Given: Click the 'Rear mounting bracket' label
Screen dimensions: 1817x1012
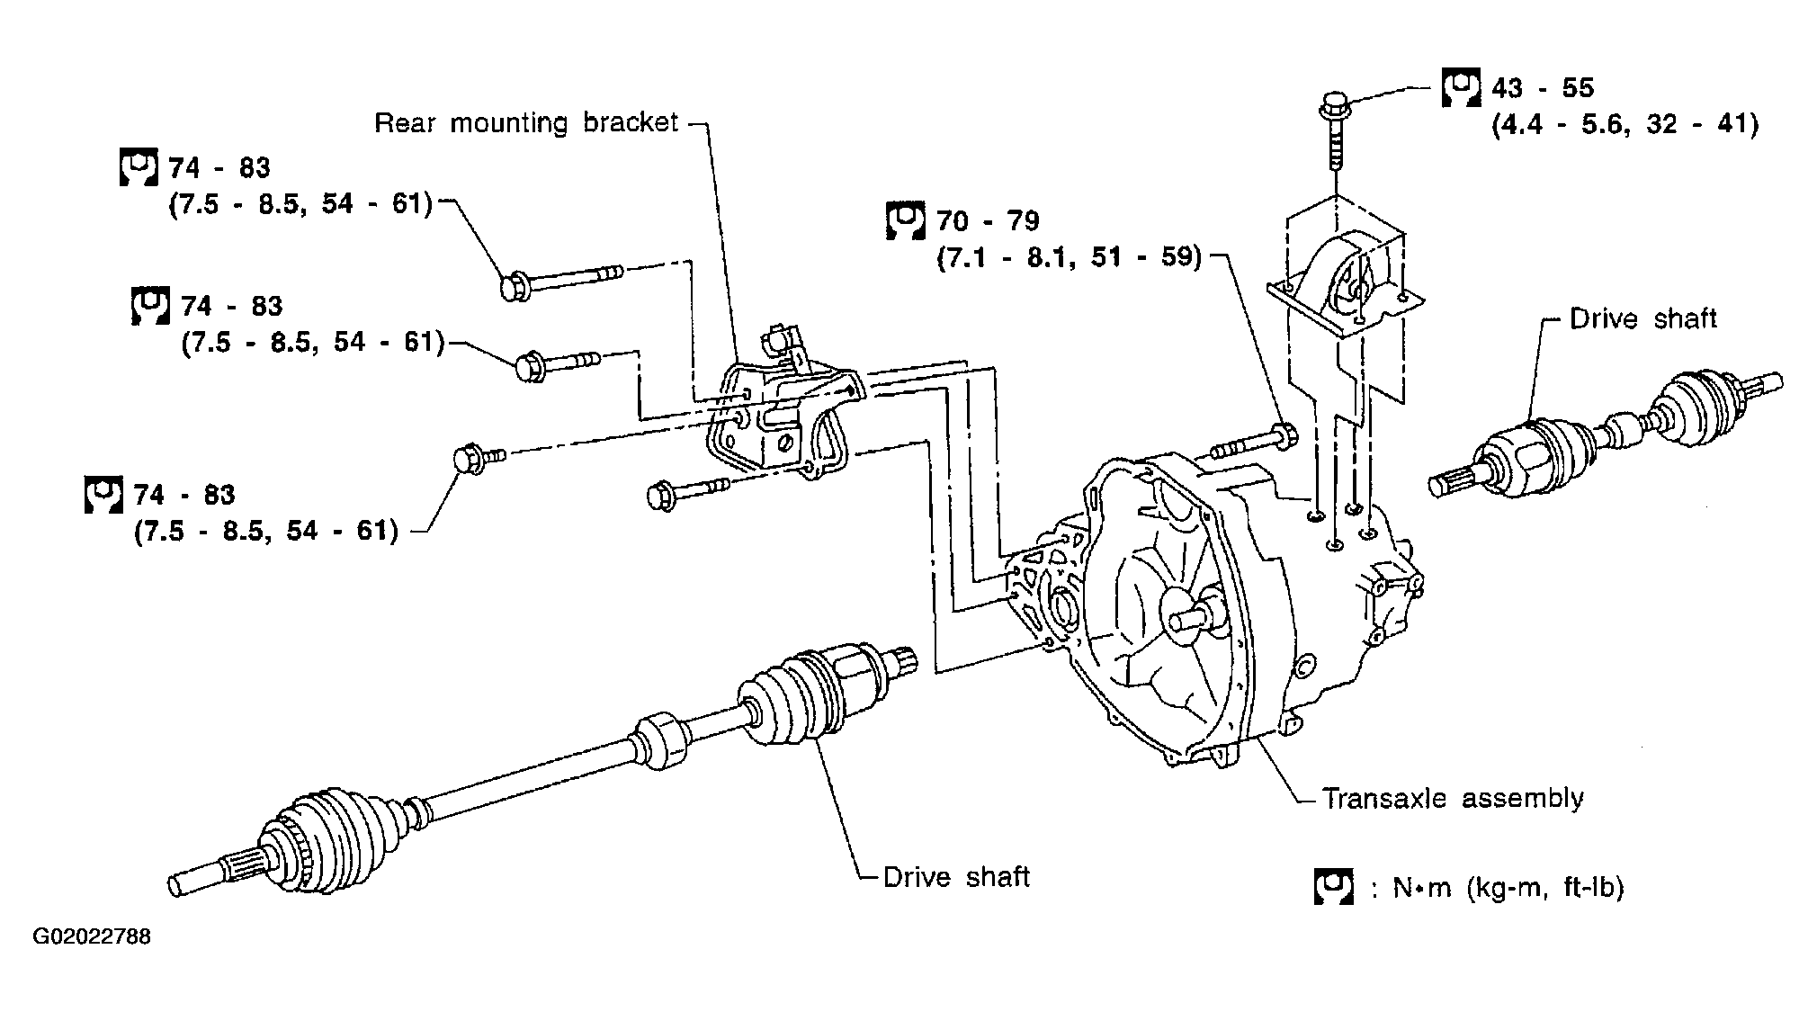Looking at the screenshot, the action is pos(525,122).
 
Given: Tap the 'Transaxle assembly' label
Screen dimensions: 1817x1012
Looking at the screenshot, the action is pos(1453,798).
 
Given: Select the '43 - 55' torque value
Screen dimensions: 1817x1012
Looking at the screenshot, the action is pos(1543,87).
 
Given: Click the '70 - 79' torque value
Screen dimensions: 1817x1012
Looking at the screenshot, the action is pos(988,220).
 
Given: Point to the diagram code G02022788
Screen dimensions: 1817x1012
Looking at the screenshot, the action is pos(93,937).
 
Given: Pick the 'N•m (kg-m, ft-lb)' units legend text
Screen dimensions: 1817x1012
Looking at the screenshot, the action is pos(1508,888).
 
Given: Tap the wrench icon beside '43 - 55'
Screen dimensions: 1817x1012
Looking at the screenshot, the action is pos(1461,88).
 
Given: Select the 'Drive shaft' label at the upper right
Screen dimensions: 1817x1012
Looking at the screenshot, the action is pos(1642,318).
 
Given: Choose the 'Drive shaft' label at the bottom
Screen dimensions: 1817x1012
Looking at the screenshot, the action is pos(956,877).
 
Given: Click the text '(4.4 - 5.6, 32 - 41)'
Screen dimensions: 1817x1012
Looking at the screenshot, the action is pos(1625,123).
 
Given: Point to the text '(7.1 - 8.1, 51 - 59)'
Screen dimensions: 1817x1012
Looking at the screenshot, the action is pos(1070,258).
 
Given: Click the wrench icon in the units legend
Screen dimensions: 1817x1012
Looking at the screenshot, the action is pos(1333,887).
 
